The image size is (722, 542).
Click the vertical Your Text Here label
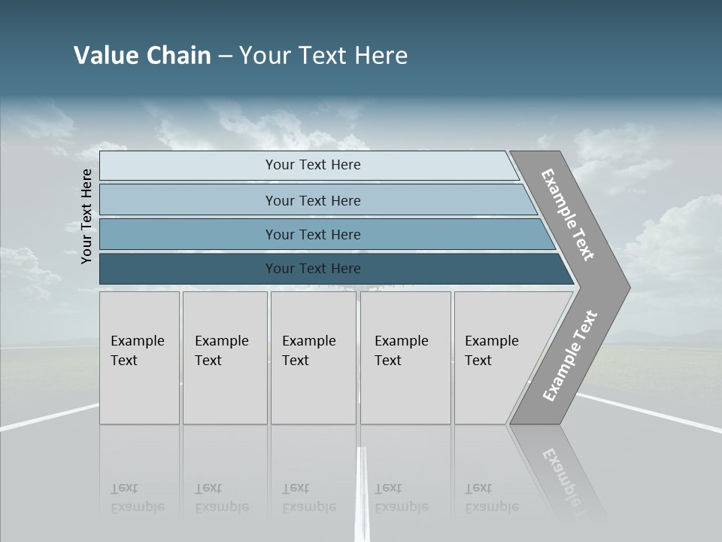point(86,217)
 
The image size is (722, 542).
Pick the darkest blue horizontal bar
point(331,269)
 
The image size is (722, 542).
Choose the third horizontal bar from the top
point(323,234)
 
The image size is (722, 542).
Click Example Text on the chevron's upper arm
point(568,215)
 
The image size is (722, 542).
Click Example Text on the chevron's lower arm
point(570,355)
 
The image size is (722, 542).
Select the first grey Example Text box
point(139,358)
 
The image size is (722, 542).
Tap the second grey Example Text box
point(224,358)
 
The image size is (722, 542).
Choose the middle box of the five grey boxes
point(313,358)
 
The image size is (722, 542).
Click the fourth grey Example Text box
point(405,358)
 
